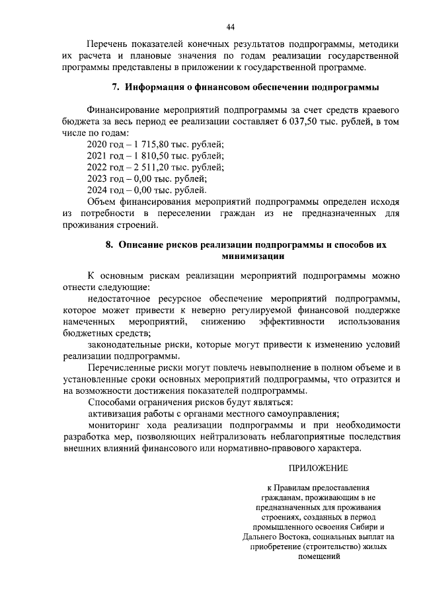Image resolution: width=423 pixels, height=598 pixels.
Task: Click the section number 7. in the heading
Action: pos(114,87)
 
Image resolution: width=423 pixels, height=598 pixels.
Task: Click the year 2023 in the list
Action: pos(98,178)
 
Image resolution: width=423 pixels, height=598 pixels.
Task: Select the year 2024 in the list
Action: pos(98,190)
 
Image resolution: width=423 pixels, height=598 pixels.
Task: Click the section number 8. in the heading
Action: pos(110,244)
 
